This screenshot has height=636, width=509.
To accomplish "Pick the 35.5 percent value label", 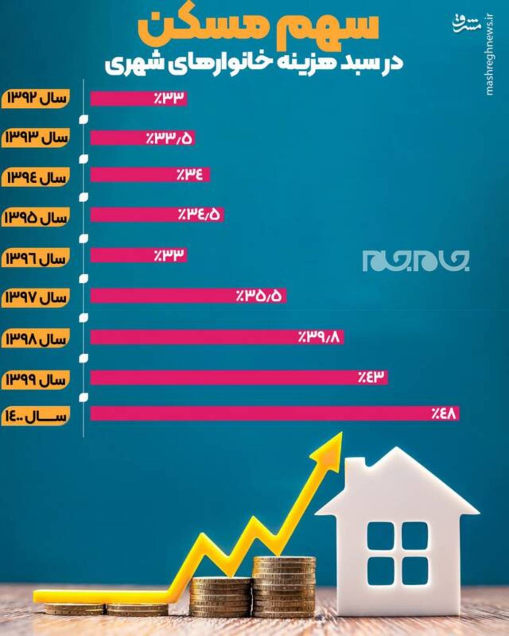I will pyautogui.click(x=259, y=296).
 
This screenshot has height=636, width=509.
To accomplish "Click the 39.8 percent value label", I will pyautogui.click(x=319, y=337).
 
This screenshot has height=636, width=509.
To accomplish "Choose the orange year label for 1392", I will pyautogui.click(x=36, y=98).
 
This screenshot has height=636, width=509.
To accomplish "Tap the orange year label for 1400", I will pyautogui.click(x=36, y=416).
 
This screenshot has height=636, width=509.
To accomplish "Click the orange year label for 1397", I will pyautogui.click(x=36, y=298).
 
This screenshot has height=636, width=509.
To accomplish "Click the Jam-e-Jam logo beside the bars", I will pyautogui.click(x=416, y=260).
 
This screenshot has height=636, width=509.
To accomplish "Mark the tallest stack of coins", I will pyautogui.click(x=284, y=587).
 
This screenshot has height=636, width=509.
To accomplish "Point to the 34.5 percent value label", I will pyautogui.click(x=199, y=215).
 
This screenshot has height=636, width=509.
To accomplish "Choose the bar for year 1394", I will pyautogui.click(x=150, y=175).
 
